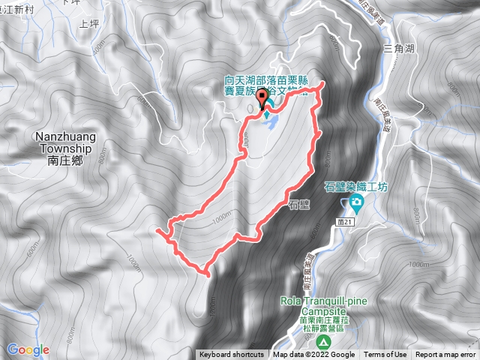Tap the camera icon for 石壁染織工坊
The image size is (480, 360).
click(x=354, y=203)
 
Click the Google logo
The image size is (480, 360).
click(x=28, y=349)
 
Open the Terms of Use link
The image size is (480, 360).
click(x=385, y=355)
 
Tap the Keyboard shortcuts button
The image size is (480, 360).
click(x=232, y=355)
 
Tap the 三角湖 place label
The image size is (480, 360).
click(x=399, y=49)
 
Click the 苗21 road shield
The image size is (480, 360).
click(x=346, y=220)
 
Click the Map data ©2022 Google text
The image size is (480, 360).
click(x=313, y=355)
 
